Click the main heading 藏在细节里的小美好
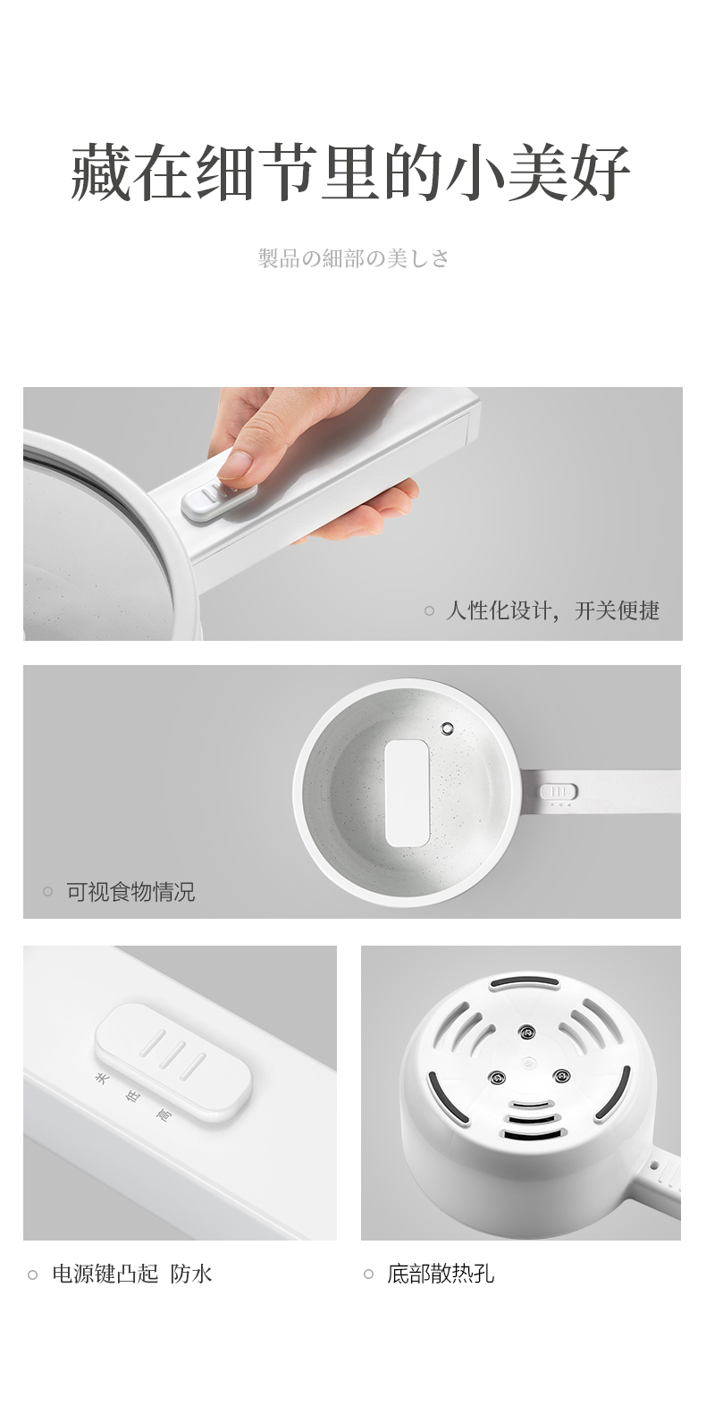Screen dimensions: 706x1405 [x=350, y=172]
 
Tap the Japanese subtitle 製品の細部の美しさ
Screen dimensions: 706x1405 [x=353, y=257]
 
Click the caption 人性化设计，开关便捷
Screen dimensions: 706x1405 [x=552, y=610]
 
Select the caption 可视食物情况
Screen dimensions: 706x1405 [x=130, y=891]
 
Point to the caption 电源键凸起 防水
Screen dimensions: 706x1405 [x=132, y=1274]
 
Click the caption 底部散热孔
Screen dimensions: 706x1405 [x=441, y=1274]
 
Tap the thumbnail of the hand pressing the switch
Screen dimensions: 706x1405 [x=353, y=514]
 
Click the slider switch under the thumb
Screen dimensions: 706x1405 [x=219, y=501]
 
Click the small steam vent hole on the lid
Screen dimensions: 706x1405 [x=447, y=728]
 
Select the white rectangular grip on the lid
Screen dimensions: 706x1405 [x=407, y=793]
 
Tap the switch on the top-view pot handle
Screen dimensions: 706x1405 [x=558, y=792]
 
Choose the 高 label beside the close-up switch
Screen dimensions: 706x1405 [x=164, y=1115]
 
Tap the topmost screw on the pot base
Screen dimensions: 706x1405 [x=526, y=1031]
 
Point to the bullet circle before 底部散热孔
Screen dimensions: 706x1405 [x=369, y=1274]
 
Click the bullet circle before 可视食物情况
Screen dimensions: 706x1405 [x=47, y=891]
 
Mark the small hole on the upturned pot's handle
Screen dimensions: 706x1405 [x=654, y=1165]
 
